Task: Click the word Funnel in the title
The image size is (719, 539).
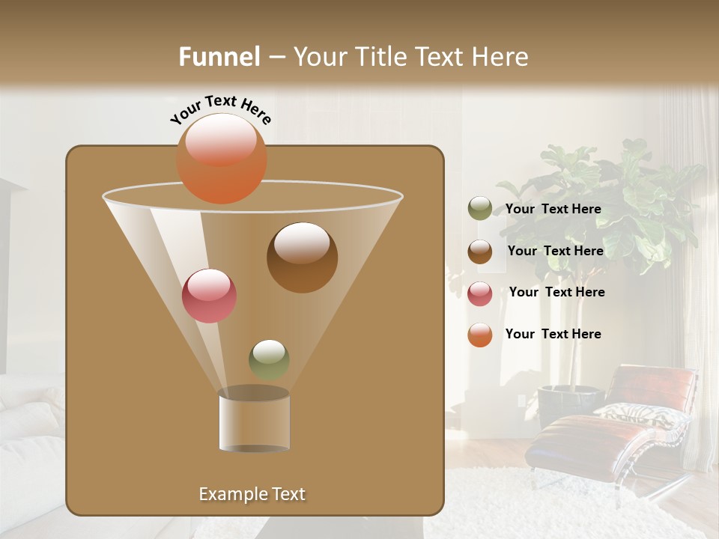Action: [219, 57]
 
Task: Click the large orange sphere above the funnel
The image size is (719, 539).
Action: [222, 159]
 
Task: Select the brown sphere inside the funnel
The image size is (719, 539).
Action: [303, 258]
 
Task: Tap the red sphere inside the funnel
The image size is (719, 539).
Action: [210, 296]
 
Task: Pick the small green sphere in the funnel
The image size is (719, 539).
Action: [269, 359]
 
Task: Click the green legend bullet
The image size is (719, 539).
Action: [480, 209]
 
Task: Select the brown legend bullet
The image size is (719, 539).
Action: [480, 252]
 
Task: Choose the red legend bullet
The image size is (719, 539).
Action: [480, 293]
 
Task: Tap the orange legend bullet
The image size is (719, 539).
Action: [480, 335]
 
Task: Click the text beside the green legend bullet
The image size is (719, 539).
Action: [553, 209]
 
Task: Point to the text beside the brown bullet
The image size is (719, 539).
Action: [555, 251]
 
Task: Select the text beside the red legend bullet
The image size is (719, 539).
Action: [556, 292]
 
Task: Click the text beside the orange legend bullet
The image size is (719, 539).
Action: [553, 334]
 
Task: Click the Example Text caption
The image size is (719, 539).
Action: [252, 494]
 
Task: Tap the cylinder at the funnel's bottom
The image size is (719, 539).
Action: [255, 421]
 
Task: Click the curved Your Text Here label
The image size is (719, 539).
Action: [221, 109]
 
